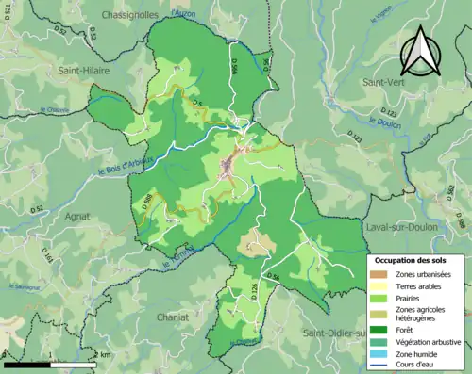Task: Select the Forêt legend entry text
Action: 409,331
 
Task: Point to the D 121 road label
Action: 355,138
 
